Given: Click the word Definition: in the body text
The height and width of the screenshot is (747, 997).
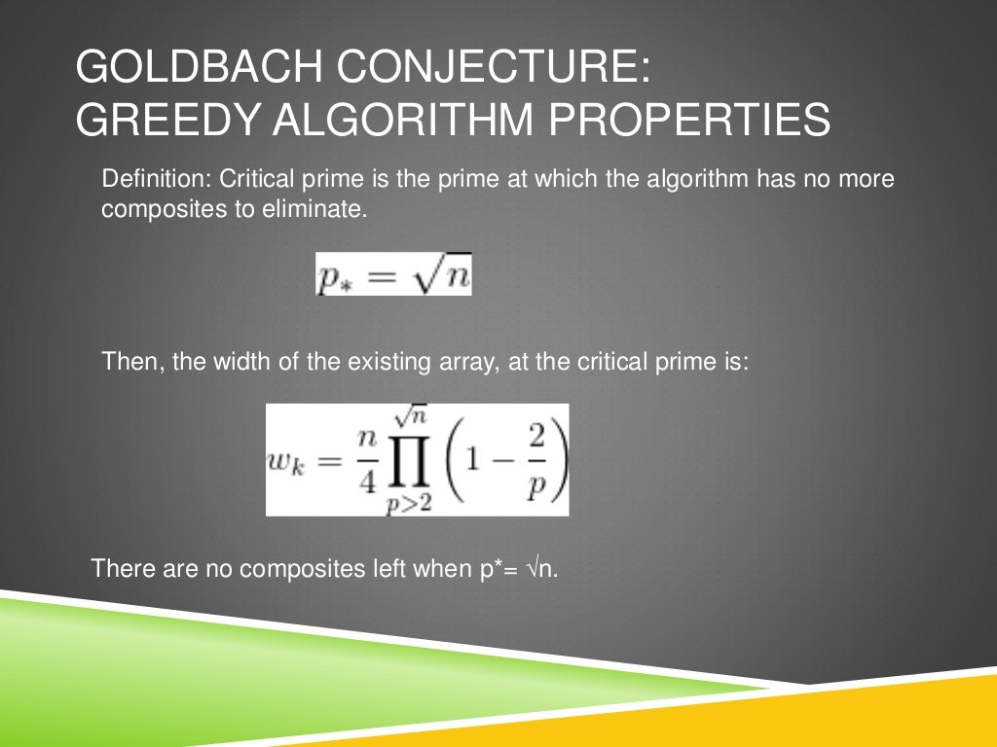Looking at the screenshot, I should [156, 180].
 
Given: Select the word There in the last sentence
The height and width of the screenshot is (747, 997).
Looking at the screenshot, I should [120, 568].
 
